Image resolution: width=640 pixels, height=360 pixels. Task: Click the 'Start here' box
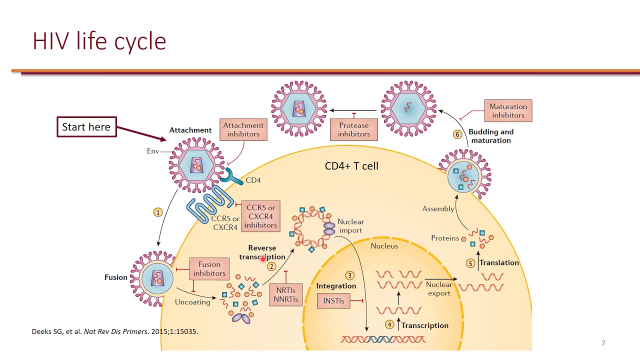[87, 127]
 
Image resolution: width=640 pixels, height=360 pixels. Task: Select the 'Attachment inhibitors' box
[243, 129]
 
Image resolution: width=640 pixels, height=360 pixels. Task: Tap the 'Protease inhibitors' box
[353, 129]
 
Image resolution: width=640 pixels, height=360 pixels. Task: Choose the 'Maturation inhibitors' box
[508, 111]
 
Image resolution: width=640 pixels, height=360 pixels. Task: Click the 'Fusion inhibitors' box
[209, 269]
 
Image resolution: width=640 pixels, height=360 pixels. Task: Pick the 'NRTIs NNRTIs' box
[285, 295]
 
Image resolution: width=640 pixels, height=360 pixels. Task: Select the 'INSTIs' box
[333, 301]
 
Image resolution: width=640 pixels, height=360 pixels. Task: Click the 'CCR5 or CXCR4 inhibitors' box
[260, 216]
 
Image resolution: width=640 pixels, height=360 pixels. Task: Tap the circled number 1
[158, 212]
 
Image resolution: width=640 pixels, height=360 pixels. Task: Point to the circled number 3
[349, 275]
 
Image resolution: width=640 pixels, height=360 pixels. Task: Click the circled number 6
[457, 134]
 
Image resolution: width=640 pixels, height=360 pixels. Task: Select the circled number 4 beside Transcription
[389, 324]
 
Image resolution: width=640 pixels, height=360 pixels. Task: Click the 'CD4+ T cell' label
[351, 166]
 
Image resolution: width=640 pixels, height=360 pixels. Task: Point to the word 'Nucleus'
[384, 246]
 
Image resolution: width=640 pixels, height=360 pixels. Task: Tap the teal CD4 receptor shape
[232, 177]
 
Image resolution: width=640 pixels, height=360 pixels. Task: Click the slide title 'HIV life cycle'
[99, 41]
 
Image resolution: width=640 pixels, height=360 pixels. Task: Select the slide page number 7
[603, 343]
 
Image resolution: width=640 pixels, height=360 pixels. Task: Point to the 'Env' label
[153, 151]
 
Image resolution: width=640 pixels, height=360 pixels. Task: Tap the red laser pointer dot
[263, 259]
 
